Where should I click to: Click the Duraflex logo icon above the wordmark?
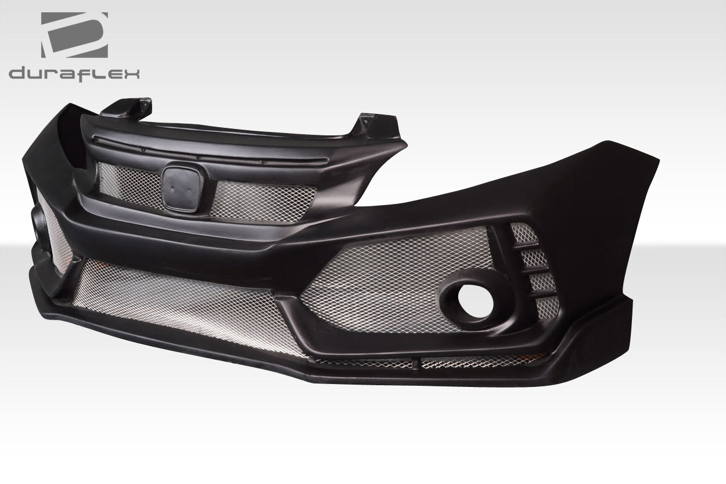[74, 35]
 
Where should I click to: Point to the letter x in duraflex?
[131, 73]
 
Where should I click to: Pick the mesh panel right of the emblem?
[264, 200]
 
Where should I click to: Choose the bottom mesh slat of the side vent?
[548, 307]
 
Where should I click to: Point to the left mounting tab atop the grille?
[131, 108]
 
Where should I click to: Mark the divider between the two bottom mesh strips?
[417, 364]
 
